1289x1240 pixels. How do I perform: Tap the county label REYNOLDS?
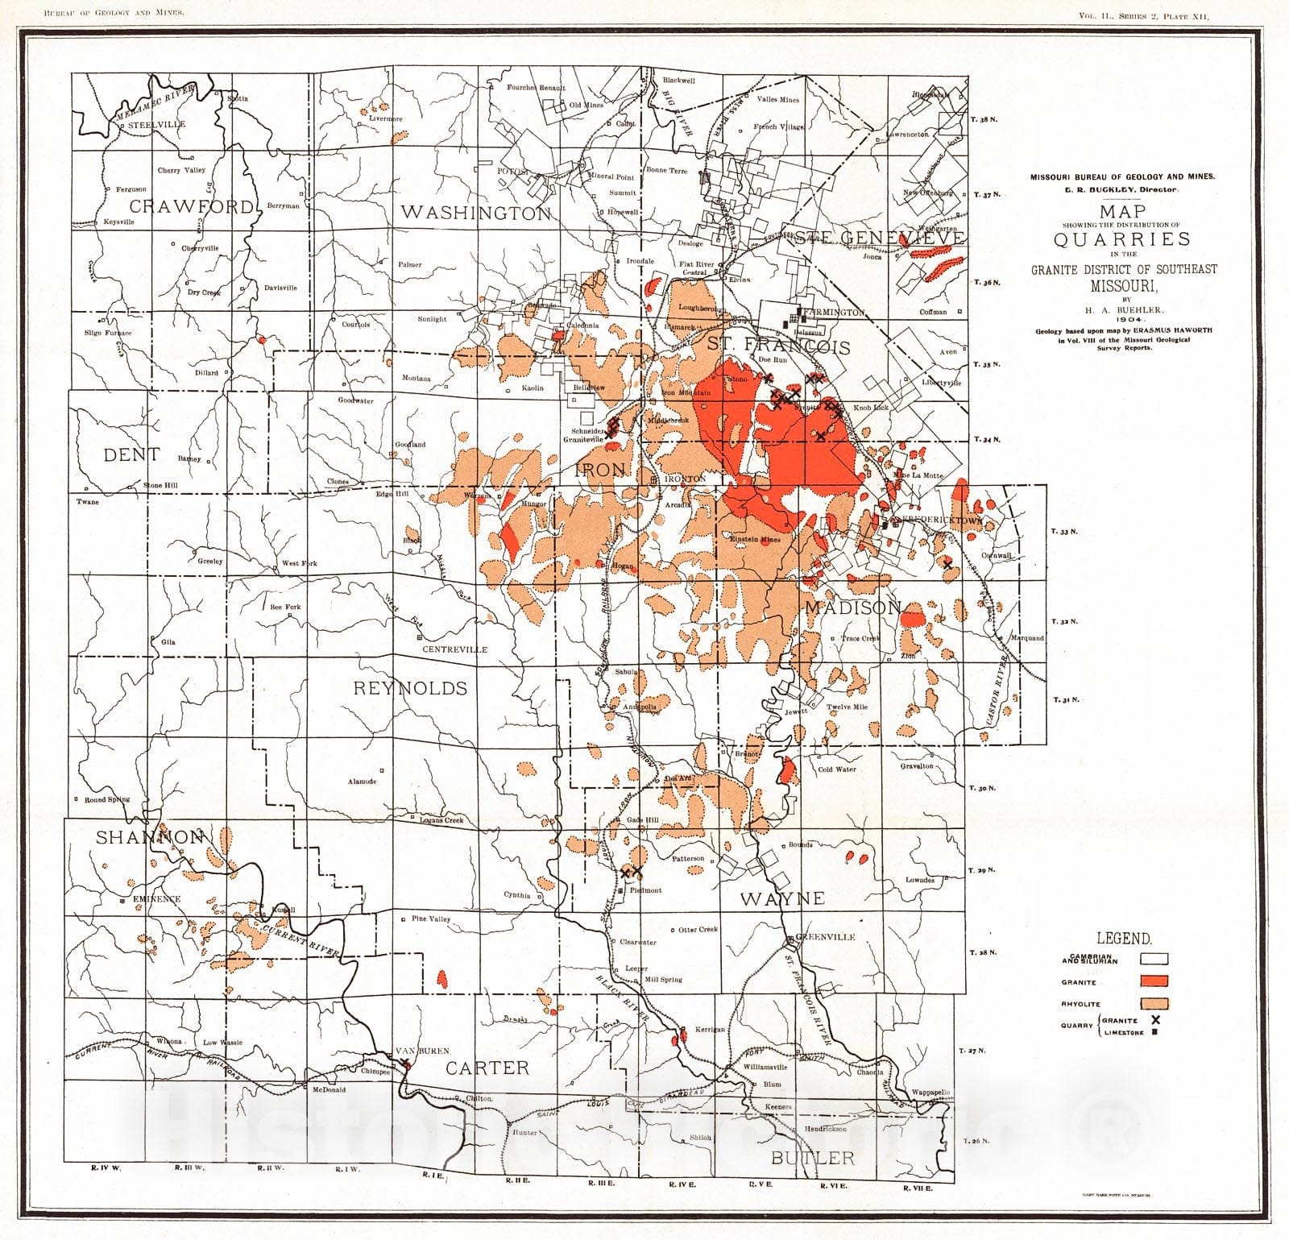410,687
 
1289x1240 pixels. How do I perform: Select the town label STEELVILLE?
156,124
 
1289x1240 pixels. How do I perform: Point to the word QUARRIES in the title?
1111,239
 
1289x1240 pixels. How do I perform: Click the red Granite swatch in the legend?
1154,981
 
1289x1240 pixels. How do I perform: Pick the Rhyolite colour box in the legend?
1154,1003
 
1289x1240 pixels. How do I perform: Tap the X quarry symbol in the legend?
1155,1020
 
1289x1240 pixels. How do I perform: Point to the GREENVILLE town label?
825,937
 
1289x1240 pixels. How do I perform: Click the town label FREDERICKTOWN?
937,520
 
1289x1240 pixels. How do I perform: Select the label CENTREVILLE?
457,649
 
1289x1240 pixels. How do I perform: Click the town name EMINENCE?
157,898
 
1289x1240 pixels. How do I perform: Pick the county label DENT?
131,454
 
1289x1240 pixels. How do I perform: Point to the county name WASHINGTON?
475,213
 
